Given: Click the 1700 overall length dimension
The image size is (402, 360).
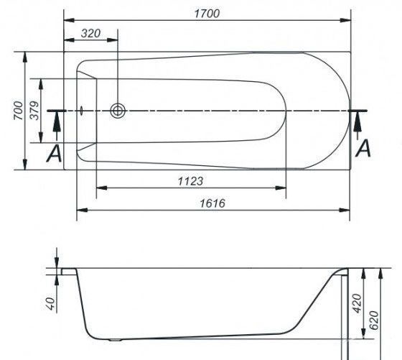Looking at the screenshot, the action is (x=207, y=14).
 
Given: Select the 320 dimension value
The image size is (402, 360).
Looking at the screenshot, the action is (x=90, y=33).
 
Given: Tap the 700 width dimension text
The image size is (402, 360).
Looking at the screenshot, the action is (x=18, y=111).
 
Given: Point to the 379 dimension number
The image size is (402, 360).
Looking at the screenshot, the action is (x=34, y=111).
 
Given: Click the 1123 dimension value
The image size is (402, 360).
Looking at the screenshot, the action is (x=190, y=181).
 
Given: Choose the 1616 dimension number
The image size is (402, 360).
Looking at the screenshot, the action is (x=212, y=203).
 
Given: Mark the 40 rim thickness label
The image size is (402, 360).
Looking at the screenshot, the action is (x=51, y=304).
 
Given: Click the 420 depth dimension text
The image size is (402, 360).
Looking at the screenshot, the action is (x=357, y=304).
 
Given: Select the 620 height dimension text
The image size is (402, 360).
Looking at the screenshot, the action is (x=374, y=320).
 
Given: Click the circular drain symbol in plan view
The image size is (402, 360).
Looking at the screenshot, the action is (x=118, y=111).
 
